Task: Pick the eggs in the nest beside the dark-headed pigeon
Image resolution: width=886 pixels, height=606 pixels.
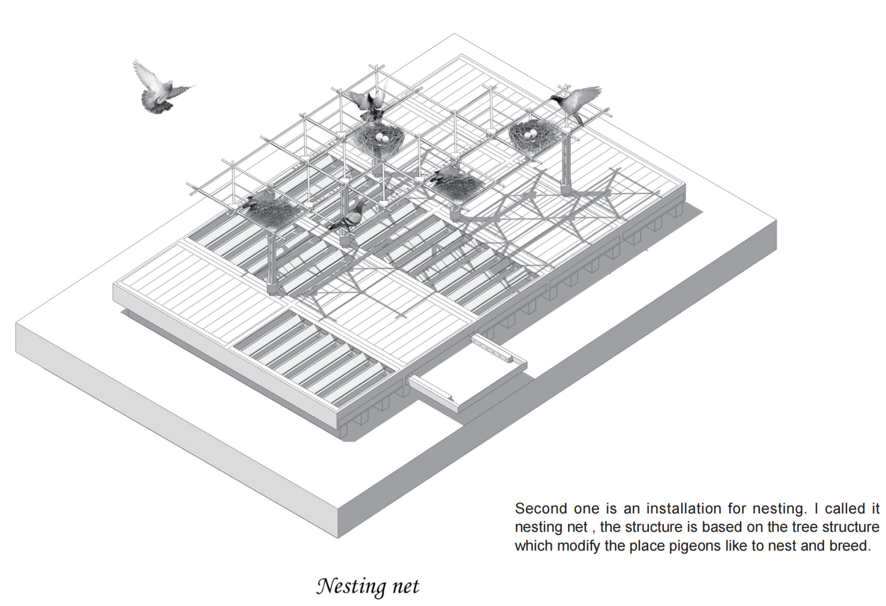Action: point(530,134)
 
